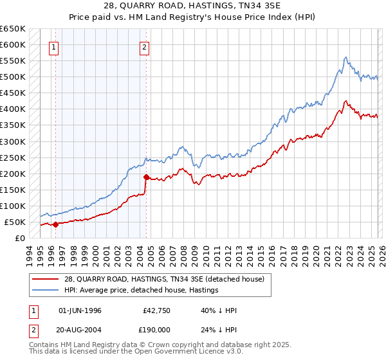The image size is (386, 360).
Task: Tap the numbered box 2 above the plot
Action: point(145,46)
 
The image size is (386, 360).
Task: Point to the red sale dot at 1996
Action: point(55,224)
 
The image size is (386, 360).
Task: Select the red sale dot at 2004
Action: point(147,177)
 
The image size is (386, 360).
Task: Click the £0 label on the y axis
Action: point(19,238)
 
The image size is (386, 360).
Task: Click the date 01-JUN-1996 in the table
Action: point(80,310)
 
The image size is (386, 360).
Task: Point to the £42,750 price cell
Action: point(156,310)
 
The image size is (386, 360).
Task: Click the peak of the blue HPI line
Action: point(345,57)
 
